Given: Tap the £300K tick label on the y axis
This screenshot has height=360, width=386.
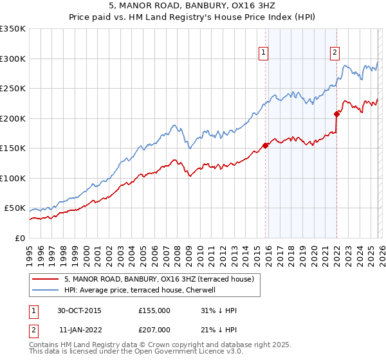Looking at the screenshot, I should click(x=13, y=59).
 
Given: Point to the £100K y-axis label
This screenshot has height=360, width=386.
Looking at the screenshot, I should click(x=13, y=178).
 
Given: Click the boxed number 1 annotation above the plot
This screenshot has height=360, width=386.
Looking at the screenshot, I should click(x=264, y=53).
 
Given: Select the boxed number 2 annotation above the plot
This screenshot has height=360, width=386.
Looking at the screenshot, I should click(x=335, y=53).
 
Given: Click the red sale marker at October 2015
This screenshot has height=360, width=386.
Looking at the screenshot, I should click(x=265, y=145).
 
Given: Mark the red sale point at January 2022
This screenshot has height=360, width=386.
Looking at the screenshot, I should click(x=336, y=114).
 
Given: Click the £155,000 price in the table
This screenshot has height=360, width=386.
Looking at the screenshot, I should click(x=154, y=310).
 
